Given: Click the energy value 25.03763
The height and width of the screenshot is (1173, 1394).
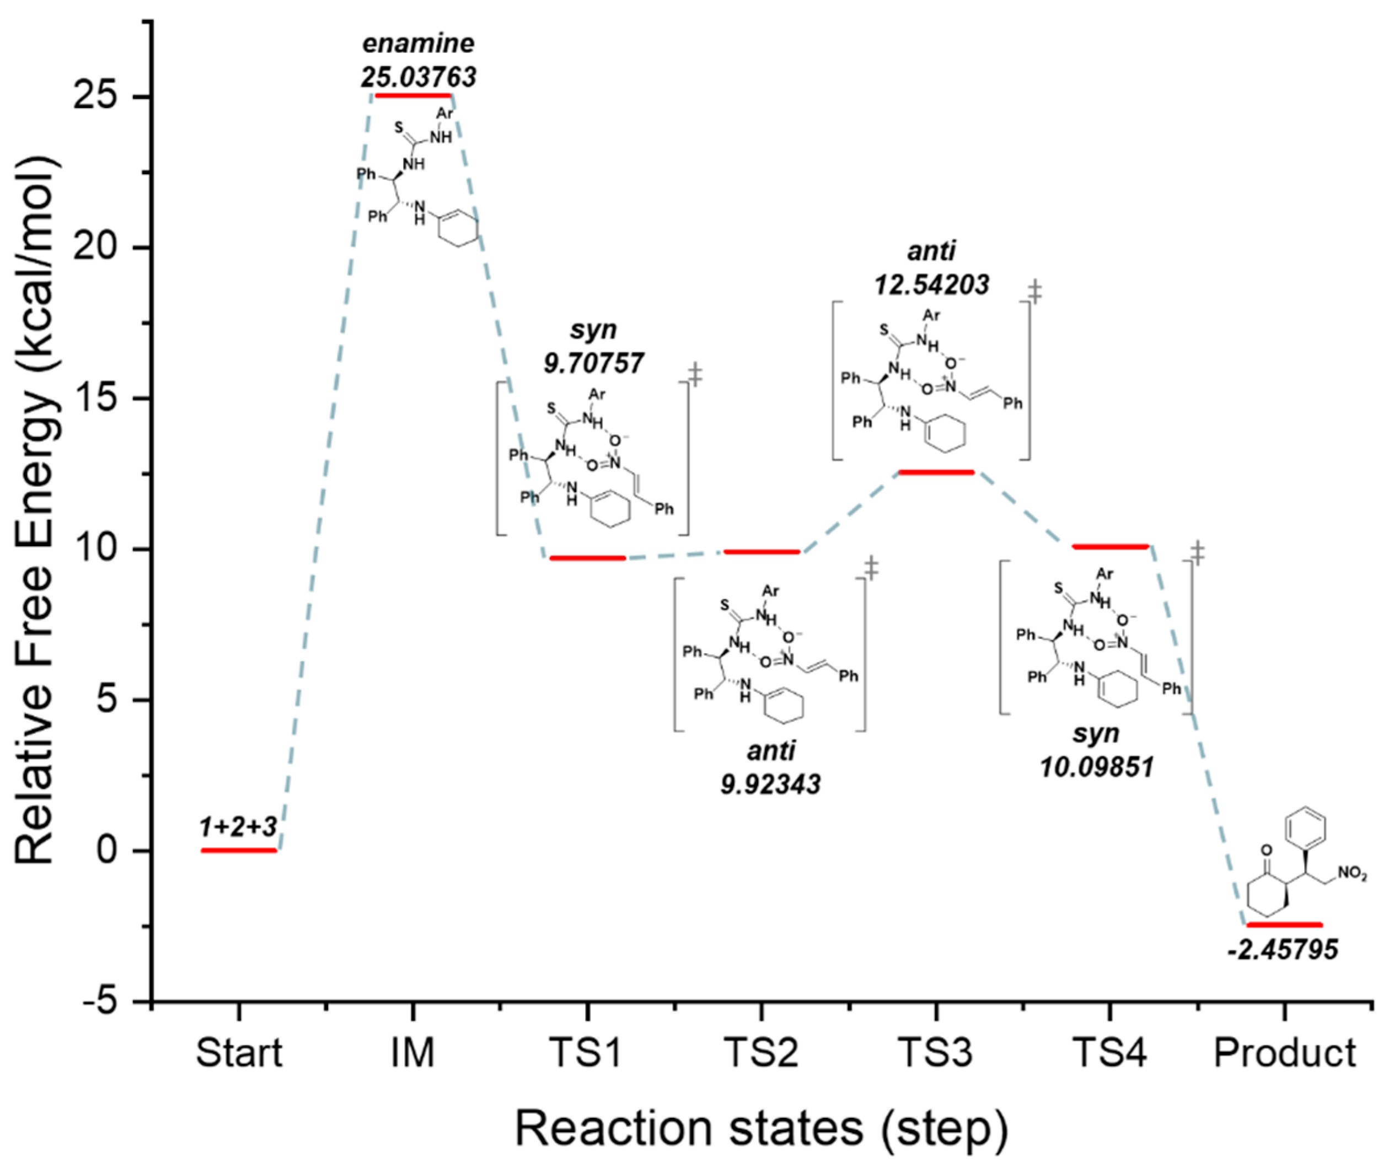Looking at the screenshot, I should (419, 77).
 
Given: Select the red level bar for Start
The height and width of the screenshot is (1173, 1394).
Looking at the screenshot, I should (239, 850).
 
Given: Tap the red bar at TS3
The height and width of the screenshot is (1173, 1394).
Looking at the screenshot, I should (936, 472).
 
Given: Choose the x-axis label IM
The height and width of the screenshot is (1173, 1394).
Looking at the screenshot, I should (413, 1053).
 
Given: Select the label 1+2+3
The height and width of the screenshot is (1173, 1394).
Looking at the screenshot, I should (238, 827).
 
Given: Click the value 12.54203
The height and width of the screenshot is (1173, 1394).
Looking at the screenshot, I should (931, 284).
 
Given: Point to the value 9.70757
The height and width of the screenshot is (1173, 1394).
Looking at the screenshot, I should (593, 363).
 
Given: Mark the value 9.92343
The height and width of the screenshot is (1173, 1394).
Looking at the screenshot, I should (770, 784).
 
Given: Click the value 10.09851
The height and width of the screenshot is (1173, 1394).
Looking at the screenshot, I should (1096, 767).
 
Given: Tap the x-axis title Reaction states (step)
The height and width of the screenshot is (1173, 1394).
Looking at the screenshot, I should (762, 1128).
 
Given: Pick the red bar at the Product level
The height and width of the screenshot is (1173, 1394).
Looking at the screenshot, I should (1284, 924).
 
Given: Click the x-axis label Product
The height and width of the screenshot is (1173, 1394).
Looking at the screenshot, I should (1285, 1053).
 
